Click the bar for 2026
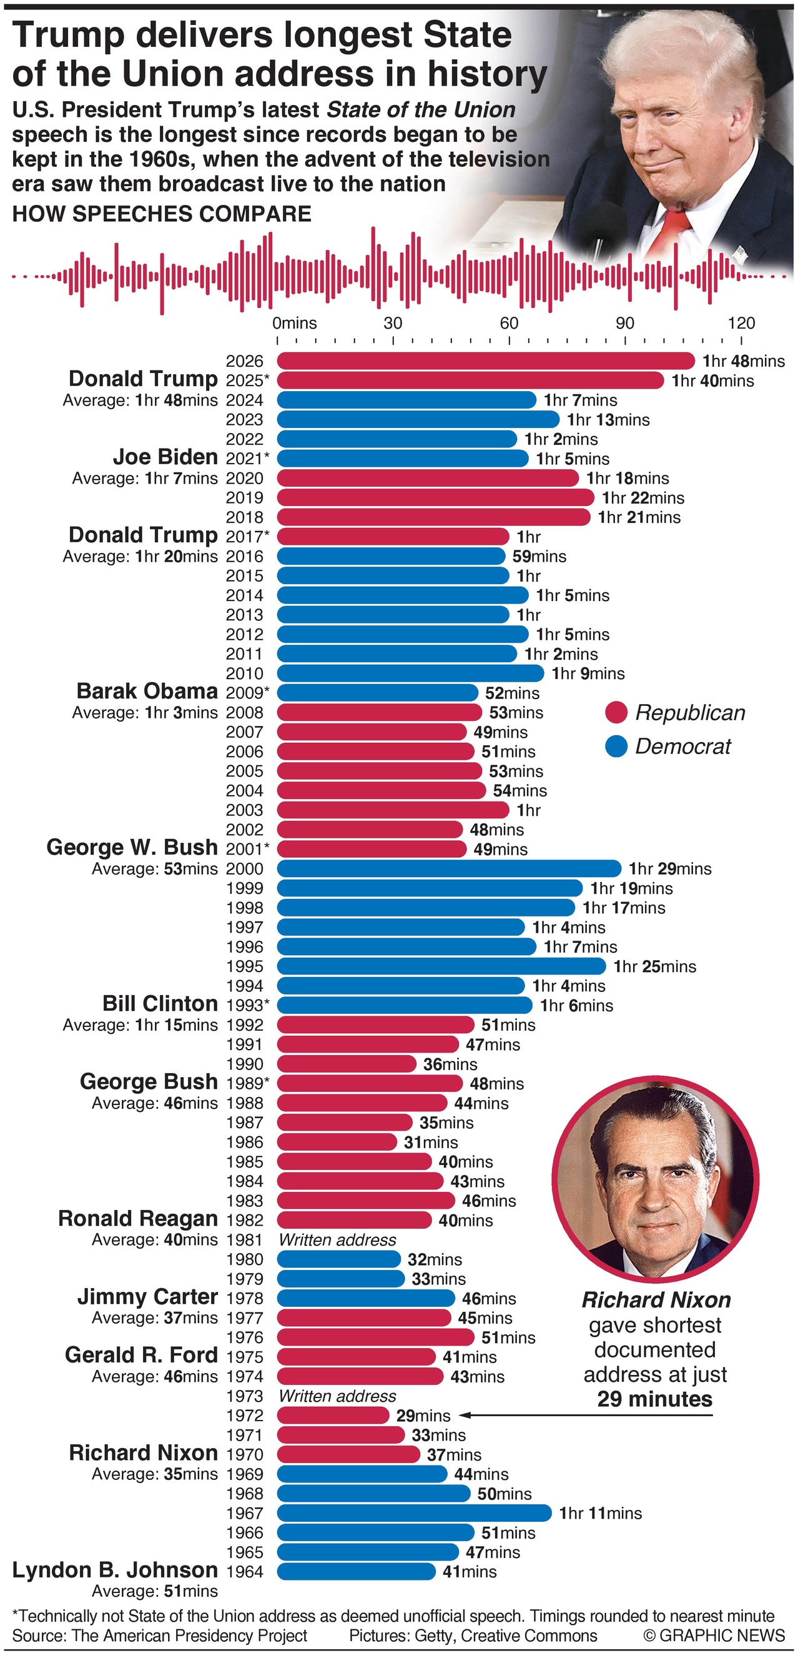[486, 360]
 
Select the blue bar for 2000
[449, 868]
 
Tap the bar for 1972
[333, 1415]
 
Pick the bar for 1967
[414, 1512]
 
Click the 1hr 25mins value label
[654, 966]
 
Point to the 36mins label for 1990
[450, 1063]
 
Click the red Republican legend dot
[616, 712]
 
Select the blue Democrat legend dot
[616, 747]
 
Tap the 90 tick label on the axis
[625, 323]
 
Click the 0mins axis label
[295, 323]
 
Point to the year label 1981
[244, 1239]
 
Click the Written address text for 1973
[337, 1396]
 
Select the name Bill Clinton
[160, 1003]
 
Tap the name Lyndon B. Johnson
[115, 1569]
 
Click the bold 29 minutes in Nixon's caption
[654, 1399]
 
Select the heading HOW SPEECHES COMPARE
[162, 214]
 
